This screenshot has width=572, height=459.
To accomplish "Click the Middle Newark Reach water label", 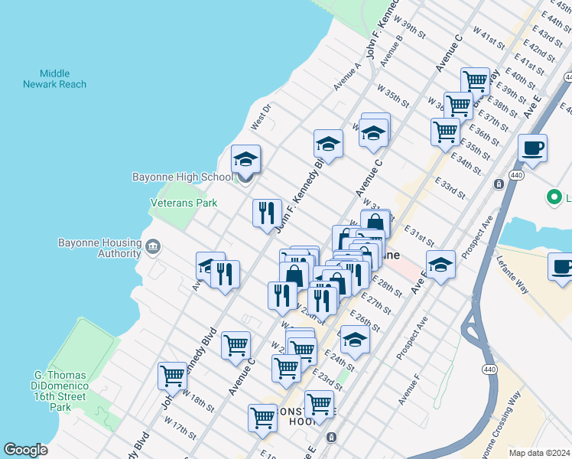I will point(54,79).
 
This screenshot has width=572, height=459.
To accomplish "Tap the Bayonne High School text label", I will point(182,177).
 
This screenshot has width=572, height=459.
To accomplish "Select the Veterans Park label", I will point(183,203).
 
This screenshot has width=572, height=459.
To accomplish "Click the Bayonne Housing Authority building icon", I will point(153,246).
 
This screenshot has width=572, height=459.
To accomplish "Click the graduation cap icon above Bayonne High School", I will point(245,159).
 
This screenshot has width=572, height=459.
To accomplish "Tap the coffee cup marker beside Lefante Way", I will point(562,268).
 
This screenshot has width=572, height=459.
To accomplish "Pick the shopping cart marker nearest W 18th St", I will point(173,376).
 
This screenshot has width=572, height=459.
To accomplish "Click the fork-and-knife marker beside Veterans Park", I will point(267,212).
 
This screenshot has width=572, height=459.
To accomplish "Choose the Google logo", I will point(25,450).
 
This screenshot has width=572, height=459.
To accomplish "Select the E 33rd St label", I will point(450,187).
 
